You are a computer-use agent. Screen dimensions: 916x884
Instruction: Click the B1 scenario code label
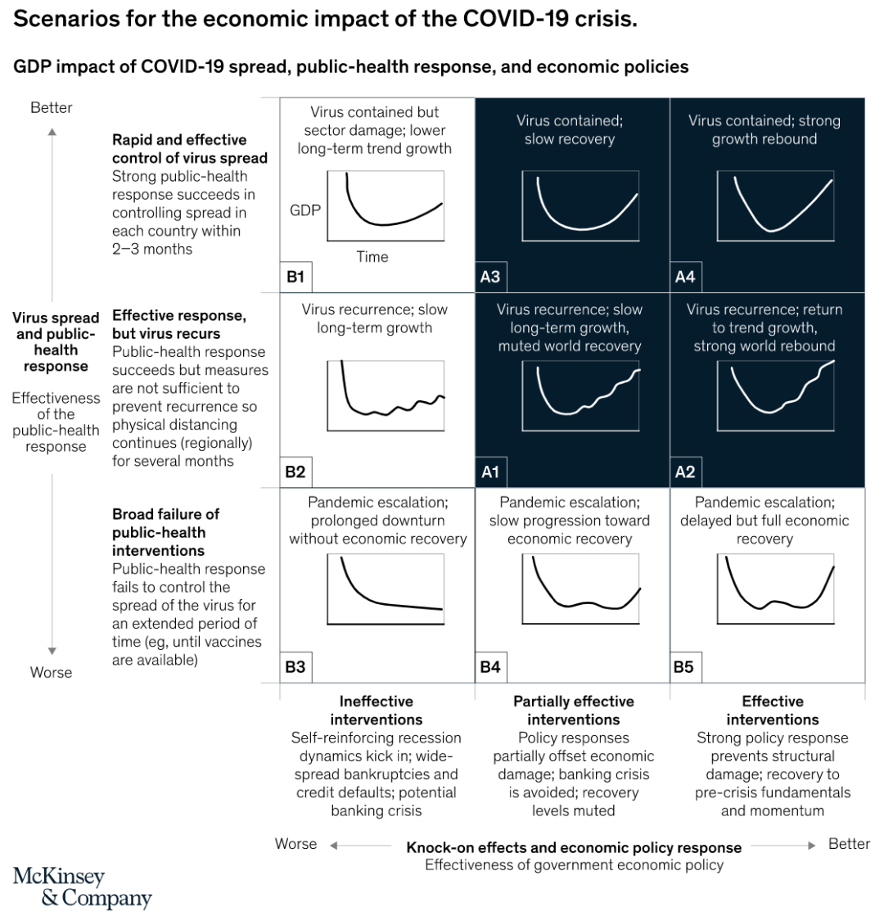pyautogui.click(x=295, y=278)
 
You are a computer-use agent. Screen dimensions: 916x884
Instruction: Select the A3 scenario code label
pyautogui.click(x=489, y=278)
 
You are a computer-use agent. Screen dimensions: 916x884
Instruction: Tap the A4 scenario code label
pyautogui.click(x=684, y=278)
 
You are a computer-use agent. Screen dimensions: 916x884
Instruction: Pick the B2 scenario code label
pyautogui.click(x=295, y=472)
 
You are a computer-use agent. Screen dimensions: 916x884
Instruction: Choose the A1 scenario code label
pyautogui.click(x=489, y=472)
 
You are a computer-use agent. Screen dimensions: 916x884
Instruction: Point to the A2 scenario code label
pyautogui.click(x=684, y=472)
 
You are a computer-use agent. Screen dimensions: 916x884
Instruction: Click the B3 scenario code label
pyautogui.click(x=295, y=667)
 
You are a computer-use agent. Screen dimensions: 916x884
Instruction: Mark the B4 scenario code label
pyautogui.click(x=489, y=667)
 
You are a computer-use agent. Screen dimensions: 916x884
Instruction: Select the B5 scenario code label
pyautogui.click(x=684, y=667)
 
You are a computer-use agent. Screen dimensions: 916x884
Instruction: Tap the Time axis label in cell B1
pyautogui.click(x=372, y=257)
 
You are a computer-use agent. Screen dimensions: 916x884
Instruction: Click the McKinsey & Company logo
pyautogui.click(x=82, y=887)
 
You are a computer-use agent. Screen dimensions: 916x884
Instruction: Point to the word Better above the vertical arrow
pyautogui.click(x=52, y=107)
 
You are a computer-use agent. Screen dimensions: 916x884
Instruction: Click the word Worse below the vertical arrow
pyautogui.click(x=52, y=672)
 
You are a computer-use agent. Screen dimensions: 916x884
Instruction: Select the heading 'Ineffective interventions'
pyautogui.click(x=377, y=711)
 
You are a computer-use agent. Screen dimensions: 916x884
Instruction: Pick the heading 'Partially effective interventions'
pyautogui.click(x=573, y=711)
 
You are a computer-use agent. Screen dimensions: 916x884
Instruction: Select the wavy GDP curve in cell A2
pyautogui.click(x=778, y=393)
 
